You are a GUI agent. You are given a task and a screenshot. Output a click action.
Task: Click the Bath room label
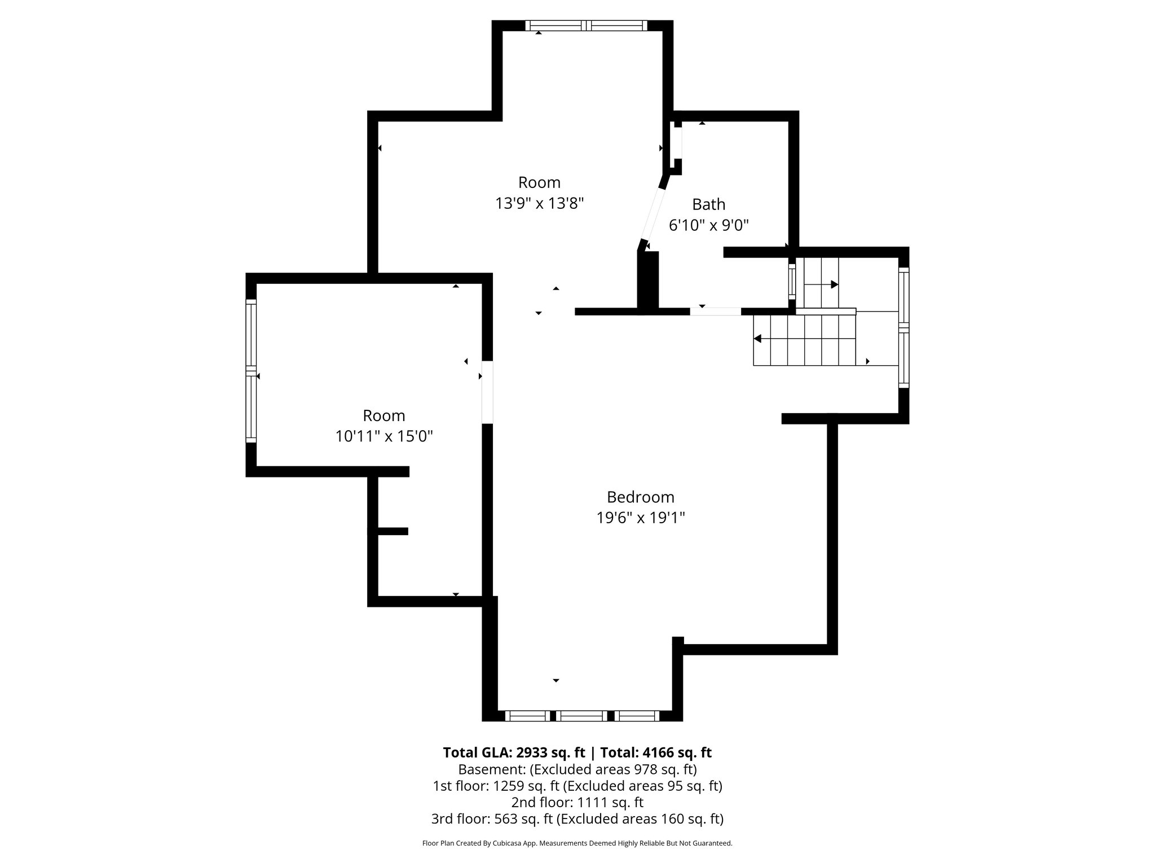coord(708,204)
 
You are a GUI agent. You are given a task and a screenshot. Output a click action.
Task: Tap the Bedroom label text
coord(640,497)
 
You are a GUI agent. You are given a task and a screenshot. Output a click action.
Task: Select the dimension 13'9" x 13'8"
coord(539,203)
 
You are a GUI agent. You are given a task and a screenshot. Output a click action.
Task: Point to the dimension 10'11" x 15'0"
coord(384,436)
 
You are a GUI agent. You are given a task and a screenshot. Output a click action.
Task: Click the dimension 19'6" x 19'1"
coord(640,518)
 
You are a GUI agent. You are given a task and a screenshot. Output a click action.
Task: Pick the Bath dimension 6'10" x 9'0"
coord(708,226)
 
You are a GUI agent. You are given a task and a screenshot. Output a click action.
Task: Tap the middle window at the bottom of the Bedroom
coord(583,716)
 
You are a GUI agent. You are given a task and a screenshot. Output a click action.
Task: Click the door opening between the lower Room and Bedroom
coord(487,392)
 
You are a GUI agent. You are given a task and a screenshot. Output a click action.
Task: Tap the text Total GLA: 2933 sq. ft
coord(515,753)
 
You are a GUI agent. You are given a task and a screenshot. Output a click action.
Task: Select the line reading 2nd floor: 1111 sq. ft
coord(577,802)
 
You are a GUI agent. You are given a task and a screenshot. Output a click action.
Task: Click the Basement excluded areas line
coord(577,769)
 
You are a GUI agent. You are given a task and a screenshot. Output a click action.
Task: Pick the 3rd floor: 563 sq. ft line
coord(577,818)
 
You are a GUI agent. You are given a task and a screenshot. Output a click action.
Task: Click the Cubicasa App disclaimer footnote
coord(577,843)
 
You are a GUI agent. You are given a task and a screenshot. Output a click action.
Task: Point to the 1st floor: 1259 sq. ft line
coord(577,786)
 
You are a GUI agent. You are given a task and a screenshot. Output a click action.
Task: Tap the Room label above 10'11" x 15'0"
coord(384,416)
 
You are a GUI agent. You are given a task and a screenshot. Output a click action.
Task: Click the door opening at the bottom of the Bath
coord(715,312)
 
